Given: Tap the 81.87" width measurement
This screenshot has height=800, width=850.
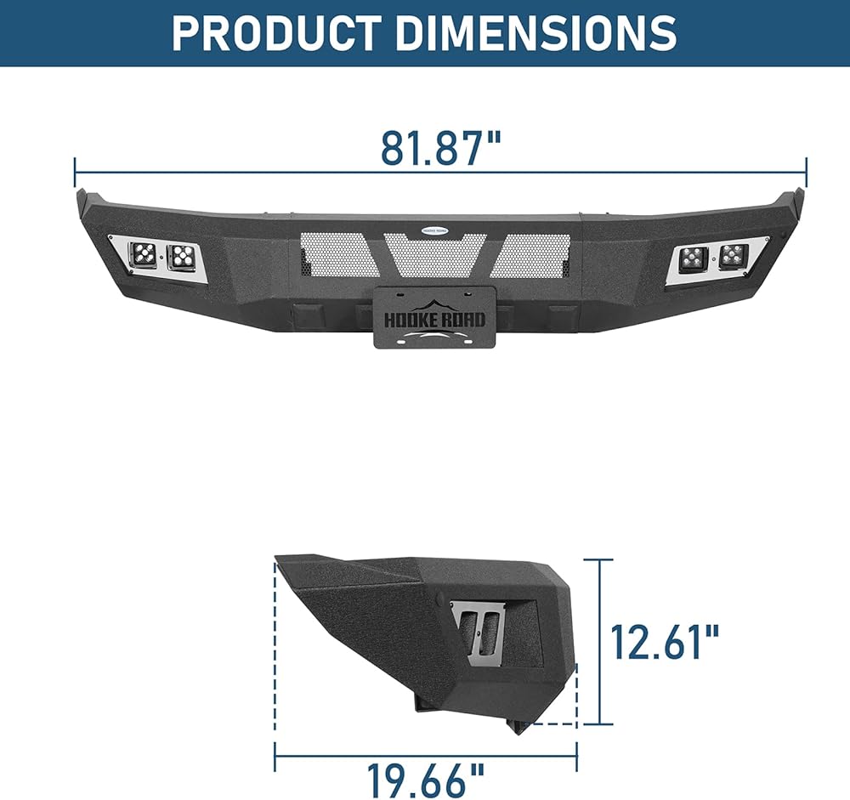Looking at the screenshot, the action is [440, 148].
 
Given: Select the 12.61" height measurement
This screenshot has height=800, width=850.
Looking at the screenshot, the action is [665, 642].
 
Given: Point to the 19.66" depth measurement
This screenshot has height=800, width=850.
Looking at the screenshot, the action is [426, 780].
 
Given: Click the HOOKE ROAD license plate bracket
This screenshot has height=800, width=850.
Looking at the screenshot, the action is [428, 317].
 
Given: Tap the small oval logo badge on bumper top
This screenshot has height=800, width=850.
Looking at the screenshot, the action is [435, 230].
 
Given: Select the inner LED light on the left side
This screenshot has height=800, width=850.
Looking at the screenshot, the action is [183, 258].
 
